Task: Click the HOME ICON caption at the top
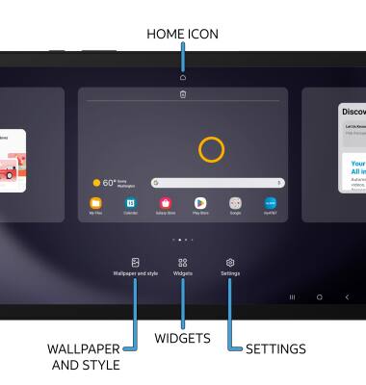[182, 34]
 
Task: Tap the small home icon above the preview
[183, 77]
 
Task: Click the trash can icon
[183, 94]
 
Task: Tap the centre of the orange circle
[211, 148]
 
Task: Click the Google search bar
[218, 182]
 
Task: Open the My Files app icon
[96, 203]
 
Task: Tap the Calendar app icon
[131, 203]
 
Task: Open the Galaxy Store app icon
[166, 203]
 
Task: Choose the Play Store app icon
[200, 203]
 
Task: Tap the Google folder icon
[235, 203]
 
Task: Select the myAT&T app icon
[270, 203]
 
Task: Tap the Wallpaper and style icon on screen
[136, 262]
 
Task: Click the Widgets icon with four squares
[183, 262]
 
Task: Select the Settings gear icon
[230, 262]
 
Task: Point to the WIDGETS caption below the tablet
[182, 338]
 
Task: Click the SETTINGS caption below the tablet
[275, 348]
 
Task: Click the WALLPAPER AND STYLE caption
[84, 356]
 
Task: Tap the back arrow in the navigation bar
[347, 297]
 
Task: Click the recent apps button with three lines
[292, 297]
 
